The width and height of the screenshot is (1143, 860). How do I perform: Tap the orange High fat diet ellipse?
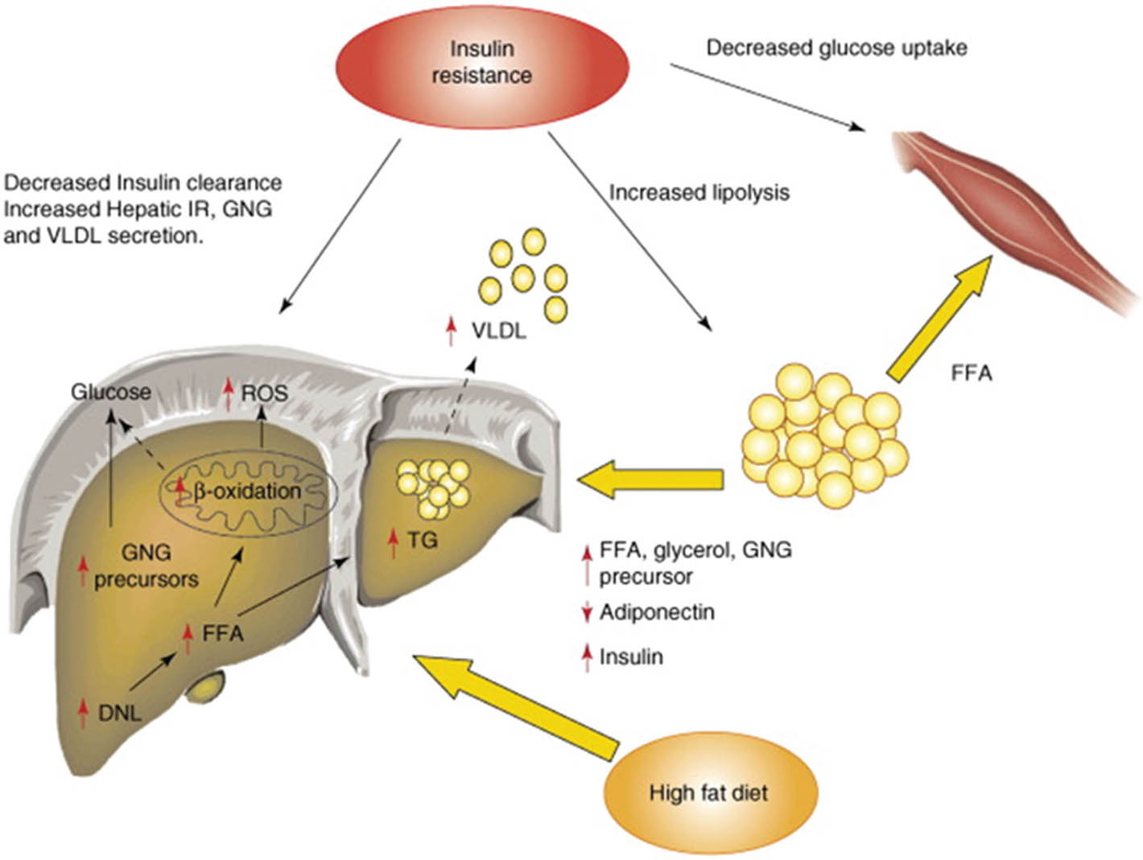708,792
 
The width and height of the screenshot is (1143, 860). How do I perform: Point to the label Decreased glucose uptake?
836,48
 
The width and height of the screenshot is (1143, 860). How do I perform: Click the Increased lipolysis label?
699,193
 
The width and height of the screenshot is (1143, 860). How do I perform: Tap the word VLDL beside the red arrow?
499,331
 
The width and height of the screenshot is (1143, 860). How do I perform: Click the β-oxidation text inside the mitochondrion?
247,491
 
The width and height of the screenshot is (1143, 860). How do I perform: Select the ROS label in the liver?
265,393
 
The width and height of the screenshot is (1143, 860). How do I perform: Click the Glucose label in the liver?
111,392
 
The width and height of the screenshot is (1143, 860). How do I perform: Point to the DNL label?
120,712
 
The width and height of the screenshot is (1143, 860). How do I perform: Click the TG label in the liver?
422,541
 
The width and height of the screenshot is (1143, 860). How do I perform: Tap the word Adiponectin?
657,612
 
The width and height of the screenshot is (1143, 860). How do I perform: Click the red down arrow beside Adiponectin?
587,613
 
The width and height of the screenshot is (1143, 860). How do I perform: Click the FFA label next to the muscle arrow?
971,373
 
